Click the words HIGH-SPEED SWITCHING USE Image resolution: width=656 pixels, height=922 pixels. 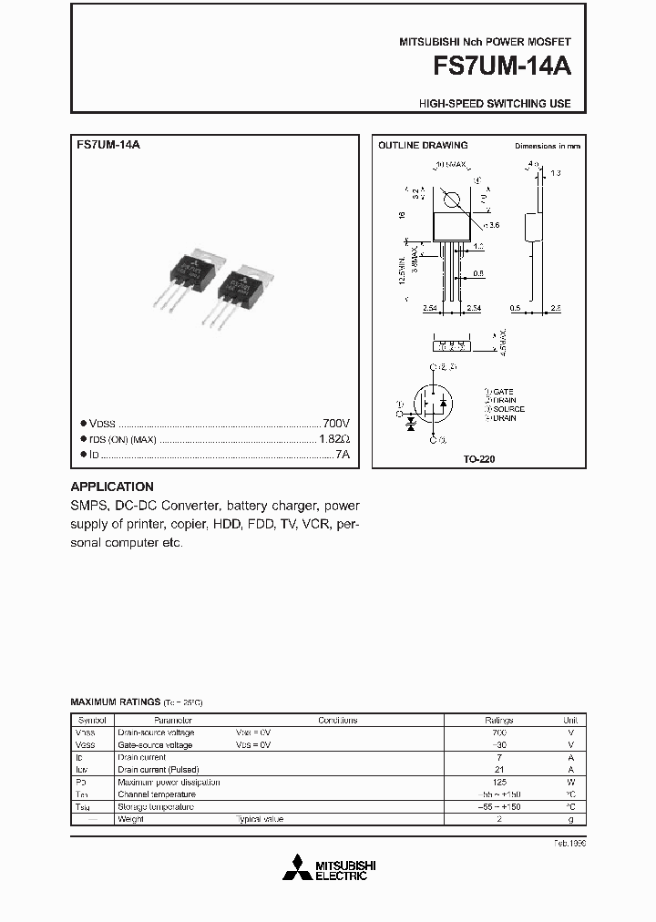[x=495, y=104]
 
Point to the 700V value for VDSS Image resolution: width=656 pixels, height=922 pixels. [x=336, y=425]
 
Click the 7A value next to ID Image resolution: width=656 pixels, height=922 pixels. [x=343, y=454]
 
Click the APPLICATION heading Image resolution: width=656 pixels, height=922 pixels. [x=112, y=487]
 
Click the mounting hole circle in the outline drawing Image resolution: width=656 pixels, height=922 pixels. [x=450, y=200]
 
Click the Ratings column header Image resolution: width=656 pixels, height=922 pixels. [x=498, y=720]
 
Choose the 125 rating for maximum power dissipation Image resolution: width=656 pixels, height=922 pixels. [x=498, y=782]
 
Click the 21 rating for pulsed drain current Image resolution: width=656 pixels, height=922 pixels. [x=498, y=770]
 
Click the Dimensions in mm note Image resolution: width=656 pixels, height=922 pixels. [x=548, y=146]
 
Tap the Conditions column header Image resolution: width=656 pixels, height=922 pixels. [x=338, y=720]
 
